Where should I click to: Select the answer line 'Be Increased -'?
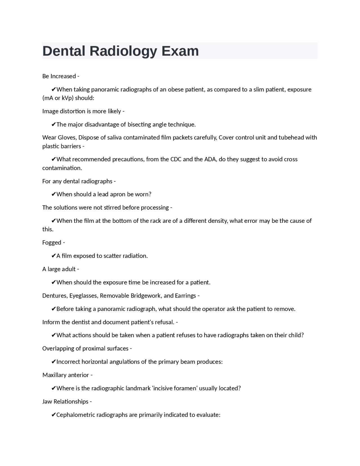61,76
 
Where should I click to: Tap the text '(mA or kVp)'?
58,98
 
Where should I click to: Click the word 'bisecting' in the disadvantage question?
139,124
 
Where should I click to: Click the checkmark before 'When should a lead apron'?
53,194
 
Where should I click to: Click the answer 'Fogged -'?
53,243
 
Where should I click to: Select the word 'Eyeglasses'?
84,296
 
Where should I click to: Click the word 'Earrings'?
185,296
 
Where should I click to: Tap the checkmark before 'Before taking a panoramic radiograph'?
53,309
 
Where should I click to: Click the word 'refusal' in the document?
165,322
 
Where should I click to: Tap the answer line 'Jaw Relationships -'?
67,402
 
